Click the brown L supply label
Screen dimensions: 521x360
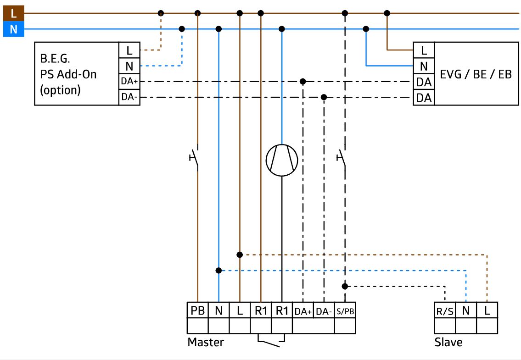14,14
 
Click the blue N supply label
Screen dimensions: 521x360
14,29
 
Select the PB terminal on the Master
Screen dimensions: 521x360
198,310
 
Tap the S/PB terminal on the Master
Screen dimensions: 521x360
345,311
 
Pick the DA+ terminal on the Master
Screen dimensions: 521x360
303,311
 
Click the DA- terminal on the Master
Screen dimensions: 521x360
324,311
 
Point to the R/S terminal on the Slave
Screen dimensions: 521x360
445,311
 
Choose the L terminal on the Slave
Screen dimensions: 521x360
487,311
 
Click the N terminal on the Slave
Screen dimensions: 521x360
466,311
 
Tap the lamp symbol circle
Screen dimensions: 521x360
282,144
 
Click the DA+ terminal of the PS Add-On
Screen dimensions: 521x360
129,81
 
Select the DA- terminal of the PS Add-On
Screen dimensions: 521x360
129,97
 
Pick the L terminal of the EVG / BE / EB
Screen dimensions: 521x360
424,50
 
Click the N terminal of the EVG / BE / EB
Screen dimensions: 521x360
424,66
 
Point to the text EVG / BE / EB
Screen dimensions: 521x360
476,74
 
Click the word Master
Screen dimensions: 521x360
206,342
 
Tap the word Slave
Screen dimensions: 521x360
448,342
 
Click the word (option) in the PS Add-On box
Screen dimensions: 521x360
60,90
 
